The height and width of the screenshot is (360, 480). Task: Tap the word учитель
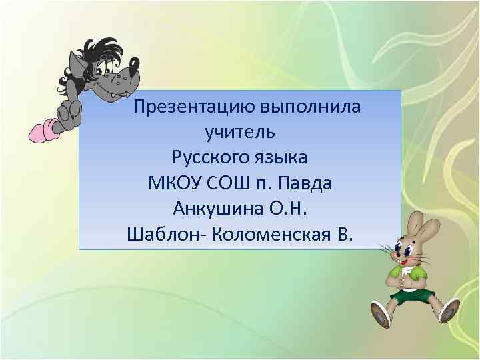(x=240, y=132)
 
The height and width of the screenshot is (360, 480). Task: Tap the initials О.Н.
(x=288, y=209)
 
